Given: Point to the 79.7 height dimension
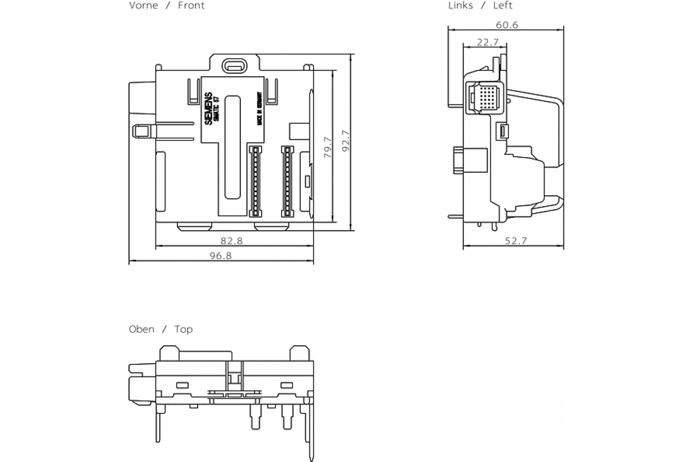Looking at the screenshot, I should tap(327, 147).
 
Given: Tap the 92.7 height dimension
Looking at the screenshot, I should tap(345, 142).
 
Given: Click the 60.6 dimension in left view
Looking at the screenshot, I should tap(506, 24).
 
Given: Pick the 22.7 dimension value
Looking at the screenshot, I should tap(488, 42).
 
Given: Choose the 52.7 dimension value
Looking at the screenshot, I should tap(516, 241).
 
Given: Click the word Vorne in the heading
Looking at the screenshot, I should tap(143, 6).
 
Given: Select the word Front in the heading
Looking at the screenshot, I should tap(191, 6).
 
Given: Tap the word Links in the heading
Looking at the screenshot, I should tap(460, 6).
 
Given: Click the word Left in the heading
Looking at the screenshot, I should tap(502, 6).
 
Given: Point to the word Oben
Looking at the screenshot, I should tap(141, 329).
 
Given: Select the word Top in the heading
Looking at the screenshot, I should tap(184, 329).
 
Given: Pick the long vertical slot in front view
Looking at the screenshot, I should tap(233, 147).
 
